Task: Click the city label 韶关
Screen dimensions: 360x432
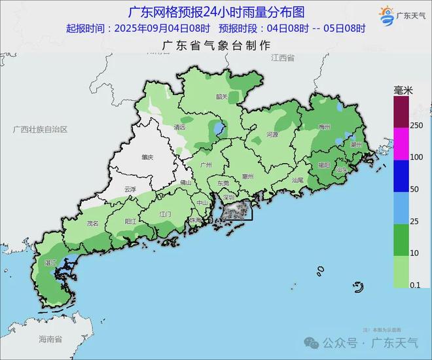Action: pos(221,97)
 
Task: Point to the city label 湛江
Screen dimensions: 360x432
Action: pos(50,262)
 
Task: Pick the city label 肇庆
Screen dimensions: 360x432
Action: pos(147,158)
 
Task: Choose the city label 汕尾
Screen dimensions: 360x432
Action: pos(298,179)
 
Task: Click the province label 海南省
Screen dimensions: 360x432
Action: pos(49,339)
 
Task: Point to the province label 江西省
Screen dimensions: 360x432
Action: pos(282,58)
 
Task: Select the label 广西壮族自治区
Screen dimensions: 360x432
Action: pos(40,130)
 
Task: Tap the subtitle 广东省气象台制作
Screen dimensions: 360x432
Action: pos(216,45)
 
